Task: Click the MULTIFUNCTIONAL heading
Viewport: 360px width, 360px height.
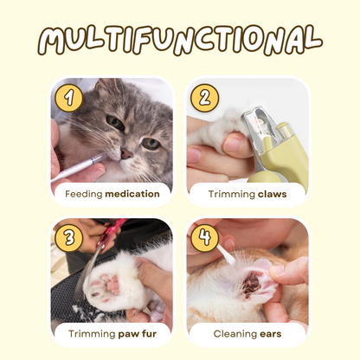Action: [180, 40]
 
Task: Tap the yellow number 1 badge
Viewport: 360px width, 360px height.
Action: [69, 98]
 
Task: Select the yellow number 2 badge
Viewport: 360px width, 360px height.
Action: [204, 98]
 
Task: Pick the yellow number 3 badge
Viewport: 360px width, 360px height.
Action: [69, 238]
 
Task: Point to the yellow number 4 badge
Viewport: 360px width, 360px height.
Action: [204, 238]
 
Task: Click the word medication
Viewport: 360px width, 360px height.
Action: [132, 194]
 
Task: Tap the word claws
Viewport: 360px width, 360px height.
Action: [273, 194]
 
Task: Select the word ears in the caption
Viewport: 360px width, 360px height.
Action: [270, 334]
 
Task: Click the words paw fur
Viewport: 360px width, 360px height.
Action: [138, 334]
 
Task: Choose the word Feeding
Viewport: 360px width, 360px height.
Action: [84, 194]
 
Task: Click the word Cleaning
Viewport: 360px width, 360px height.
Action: [235, 334]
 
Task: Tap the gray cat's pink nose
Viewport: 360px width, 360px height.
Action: [126, 153]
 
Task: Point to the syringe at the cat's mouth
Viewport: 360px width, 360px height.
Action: [78, 168]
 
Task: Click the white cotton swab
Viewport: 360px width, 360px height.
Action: [225, 254]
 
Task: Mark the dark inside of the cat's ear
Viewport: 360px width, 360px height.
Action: [251, 284]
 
